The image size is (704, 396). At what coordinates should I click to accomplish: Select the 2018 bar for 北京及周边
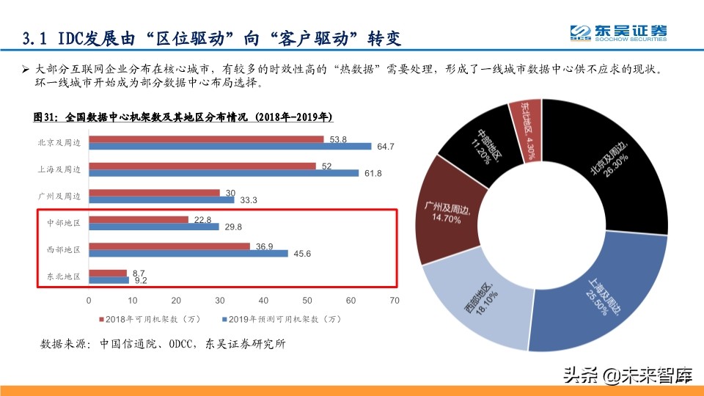tap(206, 139)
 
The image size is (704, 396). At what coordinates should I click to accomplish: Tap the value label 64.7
tap(386, 147)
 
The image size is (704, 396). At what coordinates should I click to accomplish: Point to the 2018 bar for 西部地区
tap(169, 246)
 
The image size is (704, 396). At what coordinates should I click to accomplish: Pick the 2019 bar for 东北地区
tap(109, 279)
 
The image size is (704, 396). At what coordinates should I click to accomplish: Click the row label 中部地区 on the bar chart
tap(64, 223)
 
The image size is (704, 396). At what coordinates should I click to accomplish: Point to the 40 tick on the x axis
tap(263, 301)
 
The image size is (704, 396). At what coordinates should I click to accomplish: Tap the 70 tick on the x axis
tap(395, 301)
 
